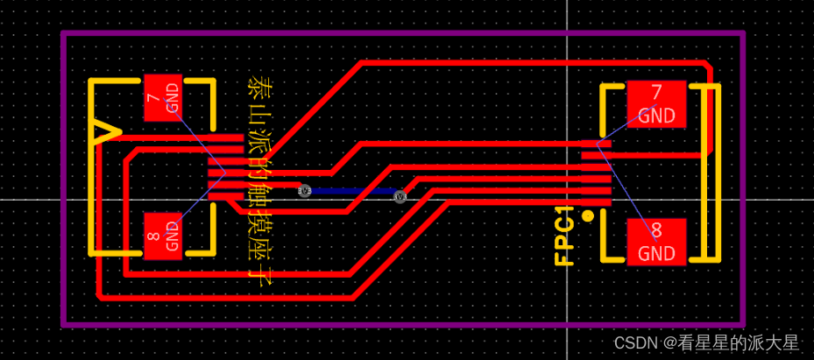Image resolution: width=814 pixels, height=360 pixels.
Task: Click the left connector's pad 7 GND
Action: [x=163, y=96]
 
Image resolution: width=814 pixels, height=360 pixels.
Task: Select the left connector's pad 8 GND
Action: [x=163, y=236]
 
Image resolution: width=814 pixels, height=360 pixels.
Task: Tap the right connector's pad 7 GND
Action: [x=656, y=104]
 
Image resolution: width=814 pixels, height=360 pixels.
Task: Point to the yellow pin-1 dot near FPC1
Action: [x=588, y=216]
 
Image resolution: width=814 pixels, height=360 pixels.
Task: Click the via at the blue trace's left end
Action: [x=305, y=190]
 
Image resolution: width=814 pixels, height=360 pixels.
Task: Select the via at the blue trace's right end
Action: [x=400, y=196]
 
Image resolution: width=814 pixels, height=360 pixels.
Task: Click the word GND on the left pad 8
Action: [x=172, y=236]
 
